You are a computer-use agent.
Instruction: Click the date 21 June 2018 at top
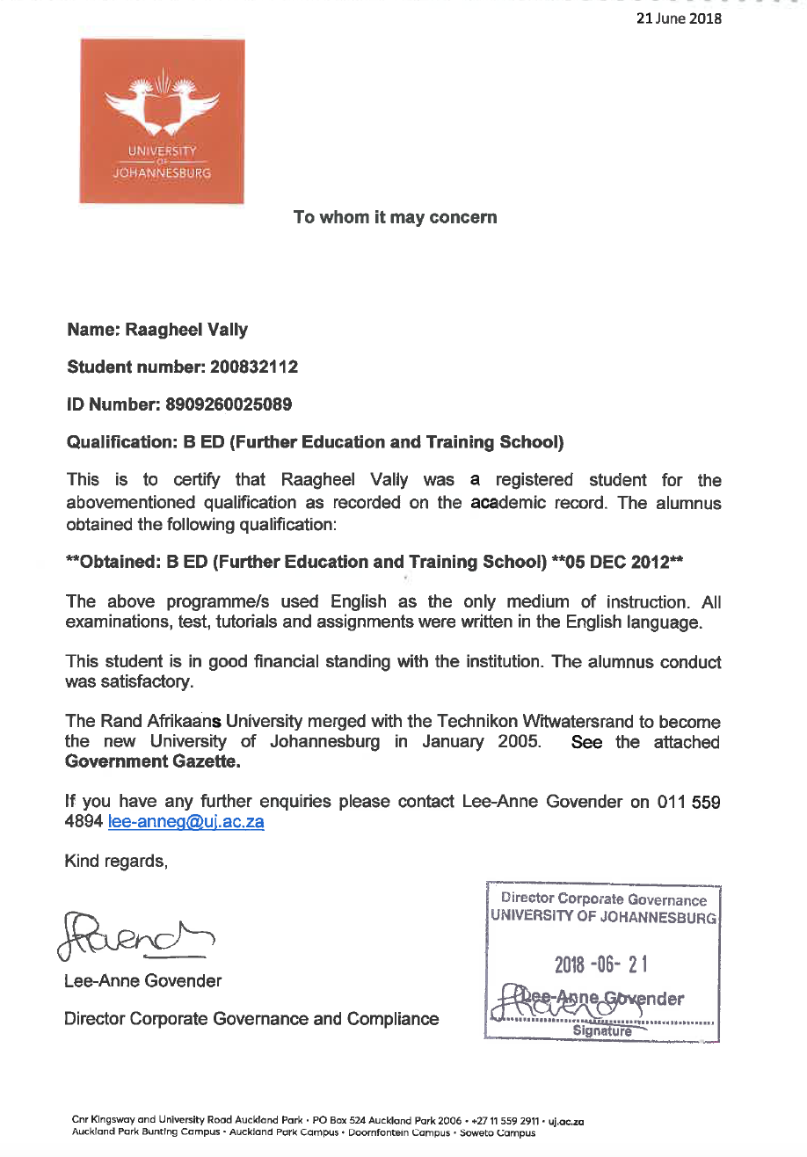(x=680, y=18)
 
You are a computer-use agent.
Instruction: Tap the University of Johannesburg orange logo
(x=163, y=121)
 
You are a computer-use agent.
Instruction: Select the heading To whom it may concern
(x=395, y=217)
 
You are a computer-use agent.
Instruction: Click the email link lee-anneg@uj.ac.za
(x=185, y=822)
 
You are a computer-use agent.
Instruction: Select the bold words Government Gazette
(x=153, y=762)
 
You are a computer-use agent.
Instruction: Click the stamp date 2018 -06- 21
(x=601, y=965)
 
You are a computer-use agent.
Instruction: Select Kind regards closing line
(x=115, y=861)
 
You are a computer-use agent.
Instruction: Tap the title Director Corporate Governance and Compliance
(x=251, y=1019)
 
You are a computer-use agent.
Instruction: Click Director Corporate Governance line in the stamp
(x=603, y=899)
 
